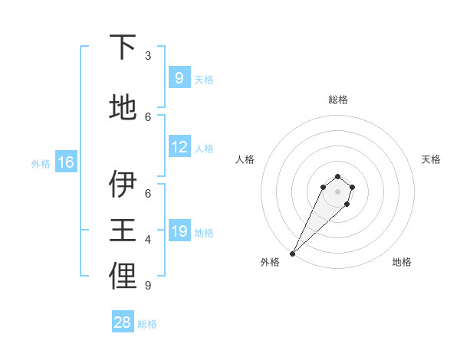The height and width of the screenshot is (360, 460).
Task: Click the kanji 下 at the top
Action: [x=123, y=47]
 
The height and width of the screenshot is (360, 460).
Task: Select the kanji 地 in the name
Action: [x=123, y=107]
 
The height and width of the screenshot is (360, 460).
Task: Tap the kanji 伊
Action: [x=123, y=185]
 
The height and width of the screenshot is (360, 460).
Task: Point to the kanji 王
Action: [x=123, y=231]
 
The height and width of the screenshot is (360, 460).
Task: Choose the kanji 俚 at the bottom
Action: [x=123, y=277]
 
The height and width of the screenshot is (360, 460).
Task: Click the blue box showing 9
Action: [x=179, y=78]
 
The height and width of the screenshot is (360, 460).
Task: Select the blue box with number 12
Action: [x=179, y=148]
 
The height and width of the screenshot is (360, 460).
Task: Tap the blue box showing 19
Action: [x=179, y=232]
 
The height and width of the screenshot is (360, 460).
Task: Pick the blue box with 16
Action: [x=65, y=162]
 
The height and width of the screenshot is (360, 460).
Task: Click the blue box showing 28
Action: [x=123, y=322]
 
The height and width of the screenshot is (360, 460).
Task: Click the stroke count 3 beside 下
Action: [x=148, y=56]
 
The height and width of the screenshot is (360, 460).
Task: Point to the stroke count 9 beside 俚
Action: [x=147, y=286]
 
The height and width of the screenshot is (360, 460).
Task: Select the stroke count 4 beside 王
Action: [x=148, y=240]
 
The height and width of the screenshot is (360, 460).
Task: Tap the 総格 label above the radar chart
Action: [x=337, y=100]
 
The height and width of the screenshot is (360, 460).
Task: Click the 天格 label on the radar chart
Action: [x=431, y=159]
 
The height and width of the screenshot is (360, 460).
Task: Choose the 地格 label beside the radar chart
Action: [x=402, y=262]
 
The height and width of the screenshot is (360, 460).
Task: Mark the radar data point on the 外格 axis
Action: [x=292, y=254]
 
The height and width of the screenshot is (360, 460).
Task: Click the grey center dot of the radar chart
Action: [x=337, y=191]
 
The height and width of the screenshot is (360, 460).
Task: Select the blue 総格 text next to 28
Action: [x=147, y=324]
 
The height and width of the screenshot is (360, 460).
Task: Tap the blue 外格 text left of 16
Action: [x=40, y=163]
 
